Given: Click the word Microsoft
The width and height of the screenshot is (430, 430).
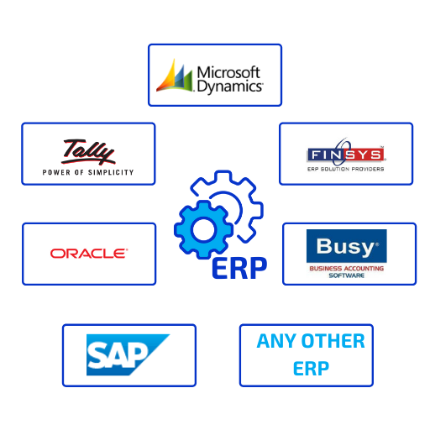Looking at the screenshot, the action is pos(228,72).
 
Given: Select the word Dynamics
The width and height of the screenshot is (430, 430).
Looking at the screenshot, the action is pos(229,87).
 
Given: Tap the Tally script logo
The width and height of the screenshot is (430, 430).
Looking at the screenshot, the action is pos(88,151).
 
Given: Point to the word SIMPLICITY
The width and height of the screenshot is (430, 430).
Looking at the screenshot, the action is pos(111,172).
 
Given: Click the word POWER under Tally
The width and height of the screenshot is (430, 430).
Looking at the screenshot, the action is pos(56,172).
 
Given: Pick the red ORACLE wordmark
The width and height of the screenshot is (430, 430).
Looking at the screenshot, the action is pos(89,254).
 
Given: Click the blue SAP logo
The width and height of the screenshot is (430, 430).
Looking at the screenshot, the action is pos(128,354).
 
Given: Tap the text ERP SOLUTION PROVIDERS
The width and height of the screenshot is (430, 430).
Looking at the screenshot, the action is pos(345,169).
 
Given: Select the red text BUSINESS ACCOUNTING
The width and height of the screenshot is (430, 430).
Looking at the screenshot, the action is pos(346,268).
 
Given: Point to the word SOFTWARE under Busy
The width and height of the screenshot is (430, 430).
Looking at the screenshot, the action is pos(347,275).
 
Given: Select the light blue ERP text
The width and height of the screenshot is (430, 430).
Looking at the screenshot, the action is pos(311,369).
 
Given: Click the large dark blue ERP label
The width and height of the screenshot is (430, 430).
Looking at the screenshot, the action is pos(239,268).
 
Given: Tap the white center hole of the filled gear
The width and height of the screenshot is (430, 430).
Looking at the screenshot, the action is pos(203,229).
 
